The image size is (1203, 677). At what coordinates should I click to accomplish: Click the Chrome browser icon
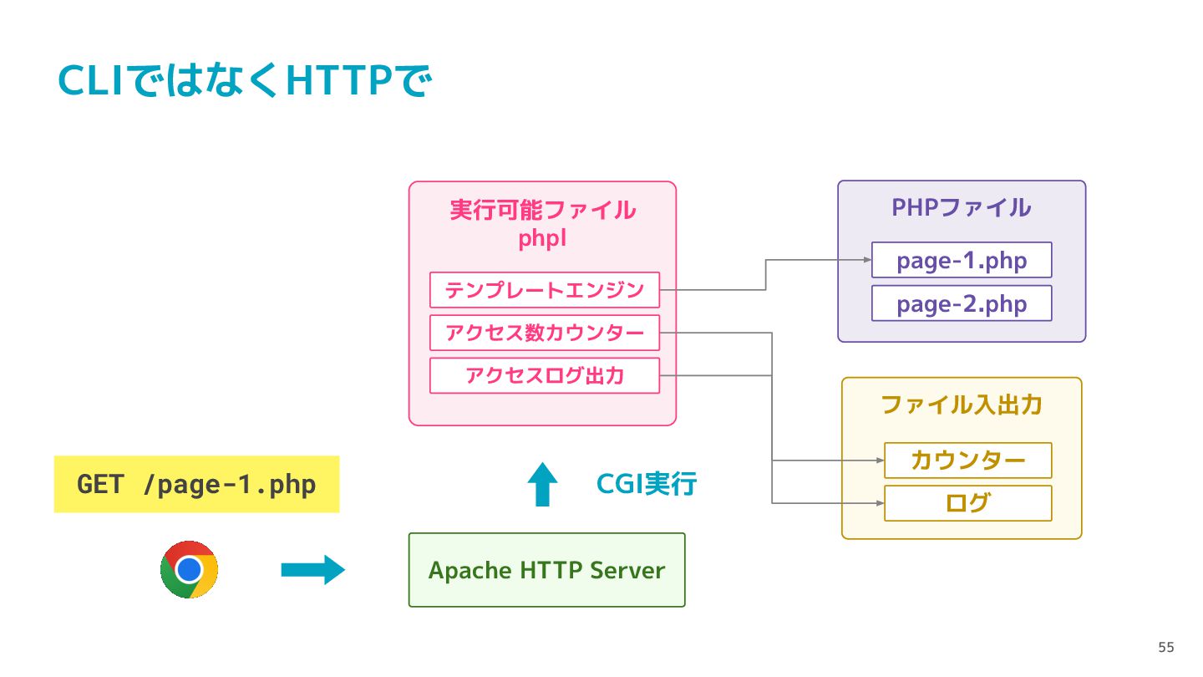(x=189, y=569)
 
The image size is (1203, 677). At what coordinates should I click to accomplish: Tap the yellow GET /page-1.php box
(x=196, y=484)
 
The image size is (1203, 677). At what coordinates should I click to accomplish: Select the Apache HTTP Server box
(x=546, y=570)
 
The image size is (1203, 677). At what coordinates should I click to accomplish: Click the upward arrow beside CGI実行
(x=542, y=484)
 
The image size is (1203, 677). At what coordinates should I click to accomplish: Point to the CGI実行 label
(x=647, y=484)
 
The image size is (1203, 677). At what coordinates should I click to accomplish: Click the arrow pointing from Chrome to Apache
(x=313, y=570)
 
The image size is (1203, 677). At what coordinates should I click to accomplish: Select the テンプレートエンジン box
(x=545, y=290)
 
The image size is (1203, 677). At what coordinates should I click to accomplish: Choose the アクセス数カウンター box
(x=545, y=333)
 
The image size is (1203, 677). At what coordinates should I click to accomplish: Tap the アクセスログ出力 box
(x=545, y=375)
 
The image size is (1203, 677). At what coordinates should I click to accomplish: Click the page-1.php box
(x=962, y=260)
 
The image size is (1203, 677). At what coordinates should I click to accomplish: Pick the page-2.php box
(x=962, y=303)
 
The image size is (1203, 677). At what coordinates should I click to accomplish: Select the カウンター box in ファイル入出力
(x=967, y=461)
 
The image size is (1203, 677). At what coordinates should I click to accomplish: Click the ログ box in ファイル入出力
(x=967, y=503)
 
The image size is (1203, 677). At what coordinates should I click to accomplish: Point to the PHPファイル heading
(x=962, y=208)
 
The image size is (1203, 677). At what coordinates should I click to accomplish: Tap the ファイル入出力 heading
(x=962, y=405)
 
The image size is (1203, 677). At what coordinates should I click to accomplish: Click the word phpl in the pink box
(x=542, y=238)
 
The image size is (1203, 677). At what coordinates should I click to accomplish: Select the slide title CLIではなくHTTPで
(x=244, y=80)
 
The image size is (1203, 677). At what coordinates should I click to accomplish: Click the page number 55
(x=1166, y=647)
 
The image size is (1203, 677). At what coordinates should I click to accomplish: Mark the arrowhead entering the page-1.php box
(x=867, y=260)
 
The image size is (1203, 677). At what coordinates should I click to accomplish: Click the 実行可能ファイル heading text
(x=542, y=210)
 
